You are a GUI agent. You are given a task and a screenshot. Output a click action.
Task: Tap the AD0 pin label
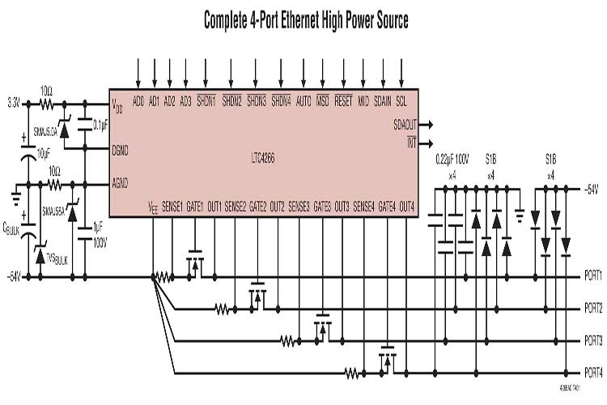[138, 103]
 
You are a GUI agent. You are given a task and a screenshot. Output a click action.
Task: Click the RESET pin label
[343, 103]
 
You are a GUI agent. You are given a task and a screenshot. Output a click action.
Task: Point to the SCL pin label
[401, 103]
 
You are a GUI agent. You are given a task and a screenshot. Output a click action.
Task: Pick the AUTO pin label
[303, 103]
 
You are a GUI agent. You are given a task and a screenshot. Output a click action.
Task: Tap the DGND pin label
[121, 149]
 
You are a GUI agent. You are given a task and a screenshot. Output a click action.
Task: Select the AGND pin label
[121, 182]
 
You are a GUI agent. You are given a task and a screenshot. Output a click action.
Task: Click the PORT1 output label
[592, 276]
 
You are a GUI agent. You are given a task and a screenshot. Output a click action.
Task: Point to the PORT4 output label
[592, 373]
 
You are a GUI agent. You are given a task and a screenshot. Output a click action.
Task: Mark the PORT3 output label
[592, 341]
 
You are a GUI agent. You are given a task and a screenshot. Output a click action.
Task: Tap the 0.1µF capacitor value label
[101, 125]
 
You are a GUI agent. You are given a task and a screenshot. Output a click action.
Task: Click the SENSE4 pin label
[363, 206]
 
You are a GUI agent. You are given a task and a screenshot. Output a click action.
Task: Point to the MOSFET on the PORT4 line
[387, 360]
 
